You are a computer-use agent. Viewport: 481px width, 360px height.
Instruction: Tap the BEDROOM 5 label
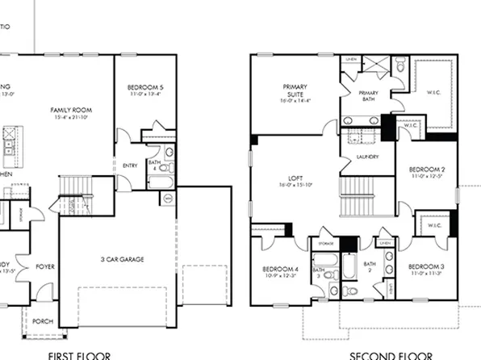[145, 87]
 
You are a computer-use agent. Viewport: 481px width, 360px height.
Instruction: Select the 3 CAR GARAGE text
[122, 259]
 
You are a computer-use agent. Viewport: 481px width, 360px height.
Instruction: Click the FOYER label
[45, 265]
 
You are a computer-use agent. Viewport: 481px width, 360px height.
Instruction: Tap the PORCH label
[42, 320]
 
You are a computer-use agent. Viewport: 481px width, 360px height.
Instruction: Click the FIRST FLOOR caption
[78, 354]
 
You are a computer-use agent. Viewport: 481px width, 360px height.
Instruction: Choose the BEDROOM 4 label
[279, 269]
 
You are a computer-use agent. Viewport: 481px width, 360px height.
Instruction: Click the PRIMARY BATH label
[368, 94]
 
